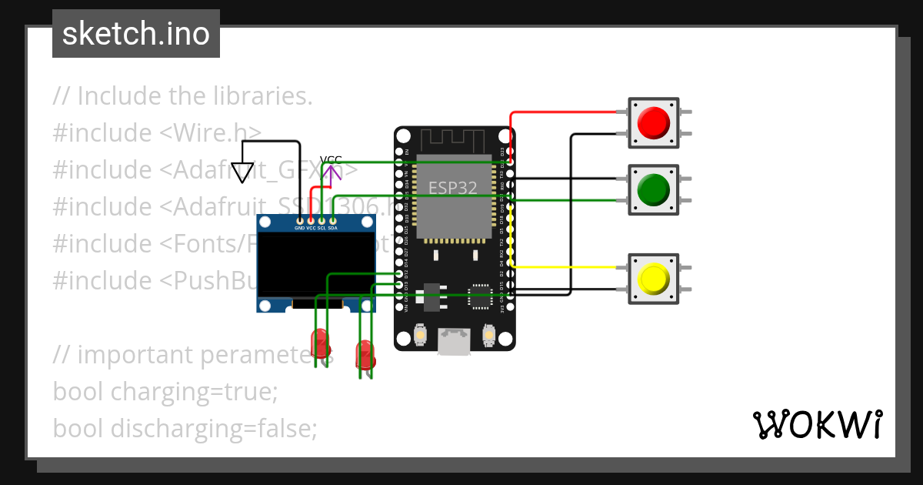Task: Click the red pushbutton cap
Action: pyautogui.click(x=653, y=122)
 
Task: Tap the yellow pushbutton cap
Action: pyautogui.click(x=653, y=278)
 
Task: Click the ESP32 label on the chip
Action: pyautogui.click(x=453, y=187)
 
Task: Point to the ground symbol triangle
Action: pyautogui.click(x=242, y=172)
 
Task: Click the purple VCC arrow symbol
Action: pyautogui.click(x=332, y=175)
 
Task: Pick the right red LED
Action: pyautogui.click(x=365, y=354)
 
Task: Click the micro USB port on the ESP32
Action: pyautogui.click(x=454, y=341)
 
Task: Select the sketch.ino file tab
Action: pyautogui.click(x=136, y=34)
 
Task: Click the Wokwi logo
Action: pyautogui.click(x=817, y=424)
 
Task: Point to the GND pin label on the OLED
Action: pyautogui.click(x=299, y=229)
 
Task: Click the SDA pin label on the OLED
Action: pyautogui.click(x=333, y=229)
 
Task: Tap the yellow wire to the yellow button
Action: pyautogui.click(x=569, y=267)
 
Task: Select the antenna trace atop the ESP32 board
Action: pyautogui.click(x=453, y=141)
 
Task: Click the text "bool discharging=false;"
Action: pyautogui.click(x=185, y=428)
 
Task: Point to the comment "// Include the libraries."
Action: pyautogui.click(x=182, y=96)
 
